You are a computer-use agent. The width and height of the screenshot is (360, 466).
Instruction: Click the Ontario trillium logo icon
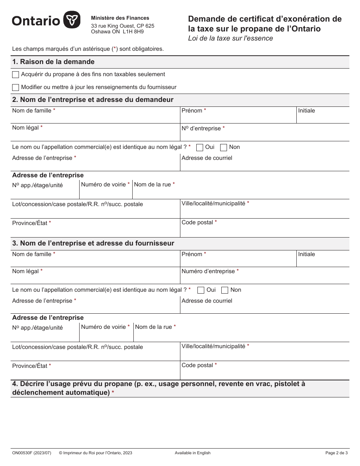72,20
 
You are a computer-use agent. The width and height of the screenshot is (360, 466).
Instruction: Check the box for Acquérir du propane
16,75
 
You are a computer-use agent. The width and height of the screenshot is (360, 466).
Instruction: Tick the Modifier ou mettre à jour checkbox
16,88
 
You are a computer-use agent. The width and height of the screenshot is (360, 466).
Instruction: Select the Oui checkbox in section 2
200,147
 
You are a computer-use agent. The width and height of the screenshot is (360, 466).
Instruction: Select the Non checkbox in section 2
224,147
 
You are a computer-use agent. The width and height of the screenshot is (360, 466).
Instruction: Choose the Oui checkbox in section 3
201,290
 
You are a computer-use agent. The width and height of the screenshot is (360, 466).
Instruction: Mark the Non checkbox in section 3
225,290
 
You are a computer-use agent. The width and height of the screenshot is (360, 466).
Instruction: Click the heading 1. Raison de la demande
53,62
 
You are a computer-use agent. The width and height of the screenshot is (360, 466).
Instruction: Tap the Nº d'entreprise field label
201,128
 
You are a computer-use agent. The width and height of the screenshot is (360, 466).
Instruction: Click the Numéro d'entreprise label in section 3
208,271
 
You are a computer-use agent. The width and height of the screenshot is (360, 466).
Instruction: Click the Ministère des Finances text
120,18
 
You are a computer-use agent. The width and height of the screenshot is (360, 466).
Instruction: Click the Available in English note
193,453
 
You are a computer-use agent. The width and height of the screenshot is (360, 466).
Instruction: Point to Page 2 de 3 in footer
337,453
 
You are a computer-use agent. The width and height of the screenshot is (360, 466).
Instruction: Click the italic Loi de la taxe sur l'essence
230,38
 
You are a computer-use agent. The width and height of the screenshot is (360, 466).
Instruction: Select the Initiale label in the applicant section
306,111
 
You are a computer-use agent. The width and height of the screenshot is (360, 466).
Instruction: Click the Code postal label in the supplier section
197,365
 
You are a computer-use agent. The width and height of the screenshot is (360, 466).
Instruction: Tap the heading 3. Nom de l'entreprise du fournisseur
93,243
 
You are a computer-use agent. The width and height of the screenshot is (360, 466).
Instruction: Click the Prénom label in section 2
192,111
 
